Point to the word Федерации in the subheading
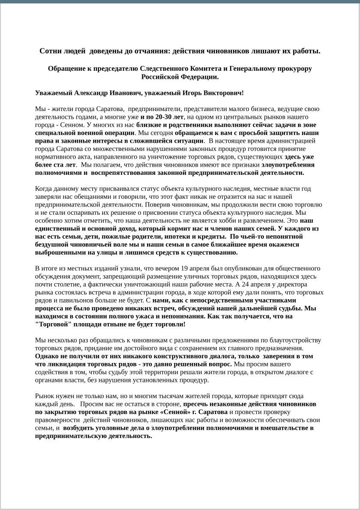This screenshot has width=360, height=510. pyautogui.click(x=202, y=77)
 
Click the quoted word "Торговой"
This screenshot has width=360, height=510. pyautogui.click(x=51, y=324)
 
